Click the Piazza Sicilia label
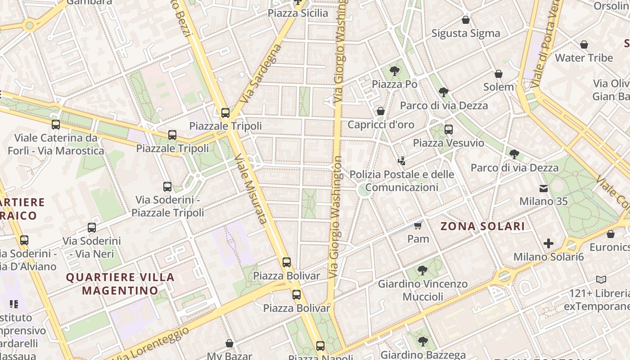(298, 13)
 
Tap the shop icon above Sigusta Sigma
(466, 20)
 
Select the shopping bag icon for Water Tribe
(584, 45)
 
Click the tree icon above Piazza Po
(395, 71)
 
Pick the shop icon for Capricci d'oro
(381, 111)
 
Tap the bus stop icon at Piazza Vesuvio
(448, 130)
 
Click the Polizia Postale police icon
(401, 161)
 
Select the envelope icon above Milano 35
(544, 188)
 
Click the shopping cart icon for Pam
(418, 225)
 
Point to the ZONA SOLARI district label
(482, 226)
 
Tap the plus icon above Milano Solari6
(548, 243)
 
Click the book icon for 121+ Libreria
(601, 280)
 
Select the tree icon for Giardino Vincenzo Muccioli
(422, 270)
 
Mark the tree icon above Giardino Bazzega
(422, 342)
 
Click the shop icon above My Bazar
(229, 343)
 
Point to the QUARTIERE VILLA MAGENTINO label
(120, 283)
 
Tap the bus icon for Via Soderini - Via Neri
(92, 228)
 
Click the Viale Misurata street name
(251, 189)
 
